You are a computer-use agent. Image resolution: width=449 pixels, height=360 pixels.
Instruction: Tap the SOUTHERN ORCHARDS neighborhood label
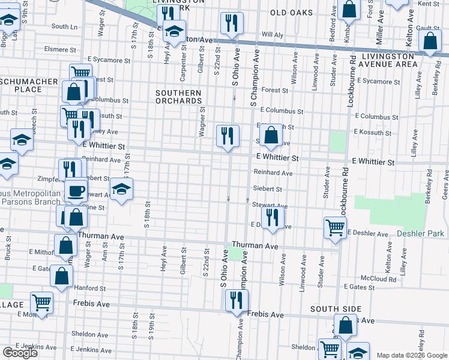[178, 97]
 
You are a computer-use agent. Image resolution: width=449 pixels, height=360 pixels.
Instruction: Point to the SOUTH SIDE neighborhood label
[336, 308]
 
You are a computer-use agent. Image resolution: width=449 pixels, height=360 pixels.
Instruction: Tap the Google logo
[20, 353]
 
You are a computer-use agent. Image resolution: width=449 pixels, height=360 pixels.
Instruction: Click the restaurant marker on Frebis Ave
[237, 300]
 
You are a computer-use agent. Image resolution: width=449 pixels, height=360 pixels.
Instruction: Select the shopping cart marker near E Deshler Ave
[335, 227]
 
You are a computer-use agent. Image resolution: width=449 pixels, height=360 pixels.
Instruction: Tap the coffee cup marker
[76, 191]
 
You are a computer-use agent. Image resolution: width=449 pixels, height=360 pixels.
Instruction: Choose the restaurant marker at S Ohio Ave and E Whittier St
[228, 136]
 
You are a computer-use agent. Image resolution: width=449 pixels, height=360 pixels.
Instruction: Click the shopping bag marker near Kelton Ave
[430, 41]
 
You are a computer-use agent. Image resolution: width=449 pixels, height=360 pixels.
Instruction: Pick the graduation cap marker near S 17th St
[121, 190]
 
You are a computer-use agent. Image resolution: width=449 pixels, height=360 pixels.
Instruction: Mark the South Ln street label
[64, 26]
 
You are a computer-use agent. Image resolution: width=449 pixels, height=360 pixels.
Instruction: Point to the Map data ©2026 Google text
[411, 355]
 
